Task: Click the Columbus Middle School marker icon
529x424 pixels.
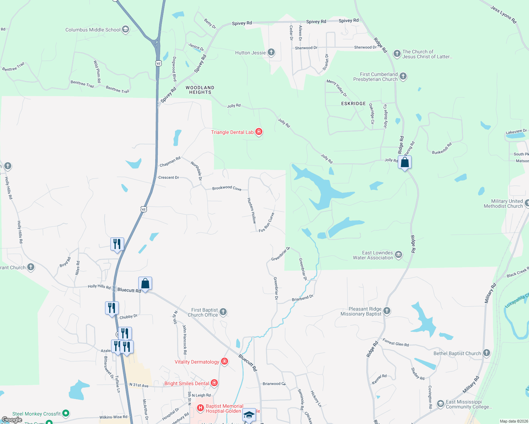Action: tap(126, 30)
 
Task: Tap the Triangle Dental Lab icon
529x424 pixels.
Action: tap(259, 132)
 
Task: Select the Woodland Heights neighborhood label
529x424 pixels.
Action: tap(200, 90)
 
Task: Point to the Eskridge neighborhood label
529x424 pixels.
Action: tap(353, 104)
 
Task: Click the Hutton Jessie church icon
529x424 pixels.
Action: tap(271, 53)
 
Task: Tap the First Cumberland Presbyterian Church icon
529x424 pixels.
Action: tap(403, 76)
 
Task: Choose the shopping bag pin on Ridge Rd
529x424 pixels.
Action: tap(405, 163)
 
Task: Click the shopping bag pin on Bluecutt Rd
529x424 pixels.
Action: tap(145, 283)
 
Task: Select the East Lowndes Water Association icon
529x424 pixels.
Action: tap(399, 255)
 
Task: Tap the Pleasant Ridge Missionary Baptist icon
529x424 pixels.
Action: tap(387, 311)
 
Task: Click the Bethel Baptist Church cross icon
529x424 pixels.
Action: tap(487, 353)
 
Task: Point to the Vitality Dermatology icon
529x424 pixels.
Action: tap(224, 361)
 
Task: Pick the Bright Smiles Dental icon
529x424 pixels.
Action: tap(214, 383)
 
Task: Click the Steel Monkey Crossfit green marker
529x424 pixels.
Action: tap(65, 413)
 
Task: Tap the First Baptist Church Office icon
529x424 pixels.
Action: tap(223, 312)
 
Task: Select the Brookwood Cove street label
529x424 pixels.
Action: tap(227, 188)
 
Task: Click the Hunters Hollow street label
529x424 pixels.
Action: tap(251, 210)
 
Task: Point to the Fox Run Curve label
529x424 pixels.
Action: tap(267, 223)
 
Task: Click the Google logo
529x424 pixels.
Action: tap(12, 420)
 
